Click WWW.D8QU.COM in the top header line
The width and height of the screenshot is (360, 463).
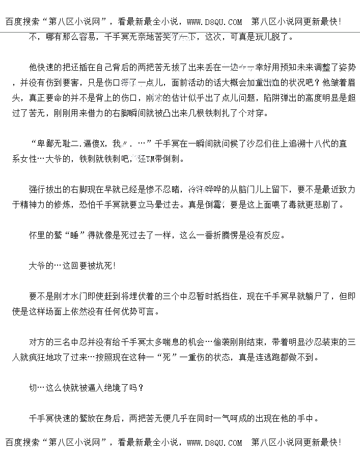(x=214, y=22)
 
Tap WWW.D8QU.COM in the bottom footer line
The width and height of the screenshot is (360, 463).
(x=214, y=443)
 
